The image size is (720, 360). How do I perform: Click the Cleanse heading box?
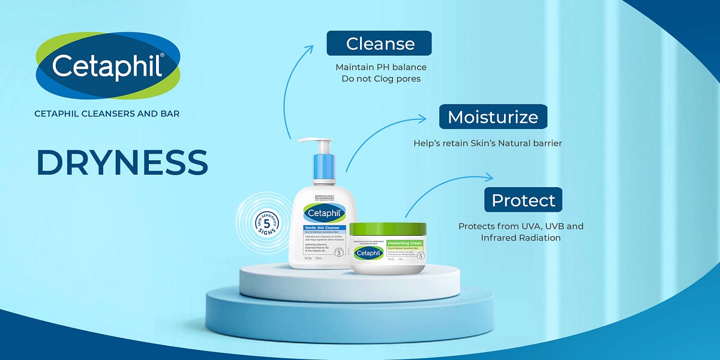point(379,43)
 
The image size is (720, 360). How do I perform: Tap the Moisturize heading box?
point(493,116)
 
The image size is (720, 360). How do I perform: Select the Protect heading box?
point(523,200)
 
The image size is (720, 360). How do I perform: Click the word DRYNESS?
point(122,162)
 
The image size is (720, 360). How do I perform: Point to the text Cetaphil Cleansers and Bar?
point(107,113)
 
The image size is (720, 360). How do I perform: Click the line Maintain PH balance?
point(381,67)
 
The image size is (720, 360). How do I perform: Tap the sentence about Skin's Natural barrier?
point(487,143)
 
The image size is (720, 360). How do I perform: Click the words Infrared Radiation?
point(521,238)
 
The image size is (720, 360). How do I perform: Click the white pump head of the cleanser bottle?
point(316,144)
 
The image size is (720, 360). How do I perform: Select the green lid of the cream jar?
point(388,229)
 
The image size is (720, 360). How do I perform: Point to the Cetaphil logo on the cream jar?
point(368,253)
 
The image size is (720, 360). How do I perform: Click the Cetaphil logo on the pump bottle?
point(325,212)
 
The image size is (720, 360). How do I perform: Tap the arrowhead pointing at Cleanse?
point(310,46)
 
